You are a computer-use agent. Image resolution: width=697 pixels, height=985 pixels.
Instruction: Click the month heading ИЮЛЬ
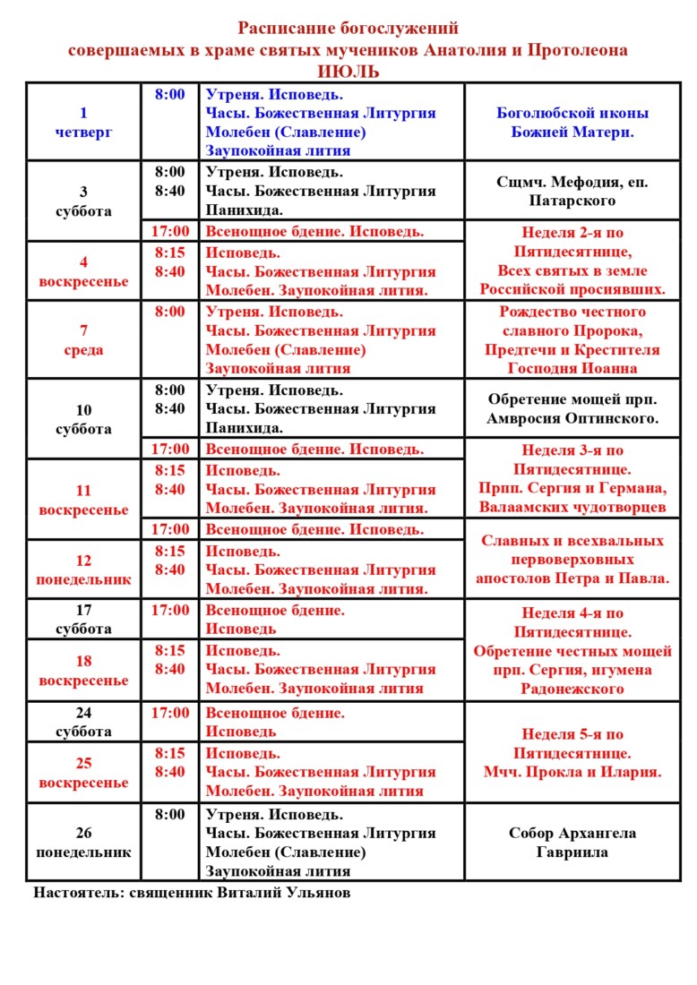[348, 72]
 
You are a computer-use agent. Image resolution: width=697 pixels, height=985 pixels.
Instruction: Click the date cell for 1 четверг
[83, 123]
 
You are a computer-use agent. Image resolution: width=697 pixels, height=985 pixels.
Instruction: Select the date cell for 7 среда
[83, 340]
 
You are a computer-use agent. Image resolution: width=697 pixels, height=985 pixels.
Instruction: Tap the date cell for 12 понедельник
[83, 570]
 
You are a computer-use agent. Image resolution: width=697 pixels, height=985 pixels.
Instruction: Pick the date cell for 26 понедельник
[83, 843]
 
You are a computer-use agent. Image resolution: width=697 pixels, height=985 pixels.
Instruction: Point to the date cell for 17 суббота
[83, 620]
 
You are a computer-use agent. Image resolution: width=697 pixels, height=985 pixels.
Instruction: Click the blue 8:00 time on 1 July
[169, 94]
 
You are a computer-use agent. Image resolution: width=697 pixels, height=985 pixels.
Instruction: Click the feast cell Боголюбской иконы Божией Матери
[572, 123]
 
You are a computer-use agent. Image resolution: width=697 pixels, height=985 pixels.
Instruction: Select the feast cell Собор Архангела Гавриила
[572, 843]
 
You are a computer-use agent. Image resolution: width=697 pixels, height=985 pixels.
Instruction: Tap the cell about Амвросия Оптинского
[572, 409]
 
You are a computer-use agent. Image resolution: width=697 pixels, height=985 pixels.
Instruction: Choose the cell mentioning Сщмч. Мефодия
[572, 192]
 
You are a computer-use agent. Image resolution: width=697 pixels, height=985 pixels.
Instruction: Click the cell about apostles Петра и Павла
[572, 560]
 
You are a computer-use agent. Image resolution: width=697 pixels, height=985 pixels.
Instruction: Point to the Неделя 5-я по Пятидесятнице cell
[572, 753]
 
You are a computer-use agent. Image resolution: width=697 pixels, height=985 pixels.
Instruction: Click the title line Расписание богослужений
[348, 29]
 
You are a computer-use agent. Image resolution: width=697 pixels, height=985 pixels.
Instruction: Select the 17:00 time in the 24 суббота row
[169, 714]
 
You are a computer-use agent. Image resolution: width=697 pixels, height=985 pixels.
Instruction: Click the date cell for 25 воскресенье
[83, 773]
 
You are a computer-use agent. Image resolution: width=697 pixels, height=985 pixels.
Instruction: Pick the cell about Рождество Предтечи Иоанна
[572, 340]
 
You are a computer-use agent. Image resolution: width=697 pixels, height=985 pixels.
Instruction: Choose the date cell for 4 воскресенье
[83, 271]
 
